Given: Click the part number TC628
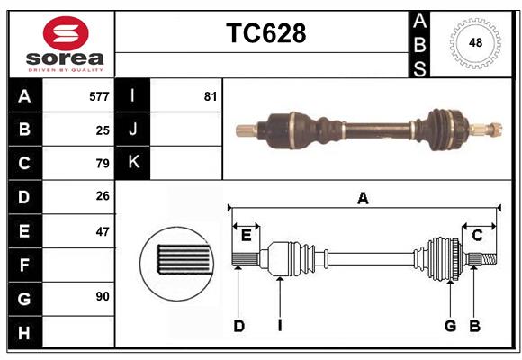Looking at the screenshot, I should (x=265, y=33).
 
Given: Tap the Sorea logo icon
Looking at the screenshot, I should (x=66, y=33).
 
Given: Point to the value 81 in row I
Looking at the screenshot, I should (x=211, y=96).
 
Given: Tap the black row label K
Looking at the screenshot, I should (x=133, y=163).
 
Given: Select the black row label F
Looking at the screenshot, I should (x=24, y=265).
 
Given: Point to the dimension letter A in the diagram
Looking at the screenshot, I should (x=363, y=198).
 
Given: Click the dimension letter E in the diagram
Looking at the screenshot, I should (x=246, y=236).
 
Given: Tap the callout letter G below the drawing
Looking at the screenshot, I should (x=449, y=326).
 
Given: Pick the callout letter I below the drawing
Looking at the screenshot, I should (x=280, y=326).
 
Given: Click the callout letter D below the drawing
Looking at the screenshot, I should (x=238, y=326).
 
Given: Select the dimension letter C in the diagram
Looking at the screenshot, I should (x=478, y=236).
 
